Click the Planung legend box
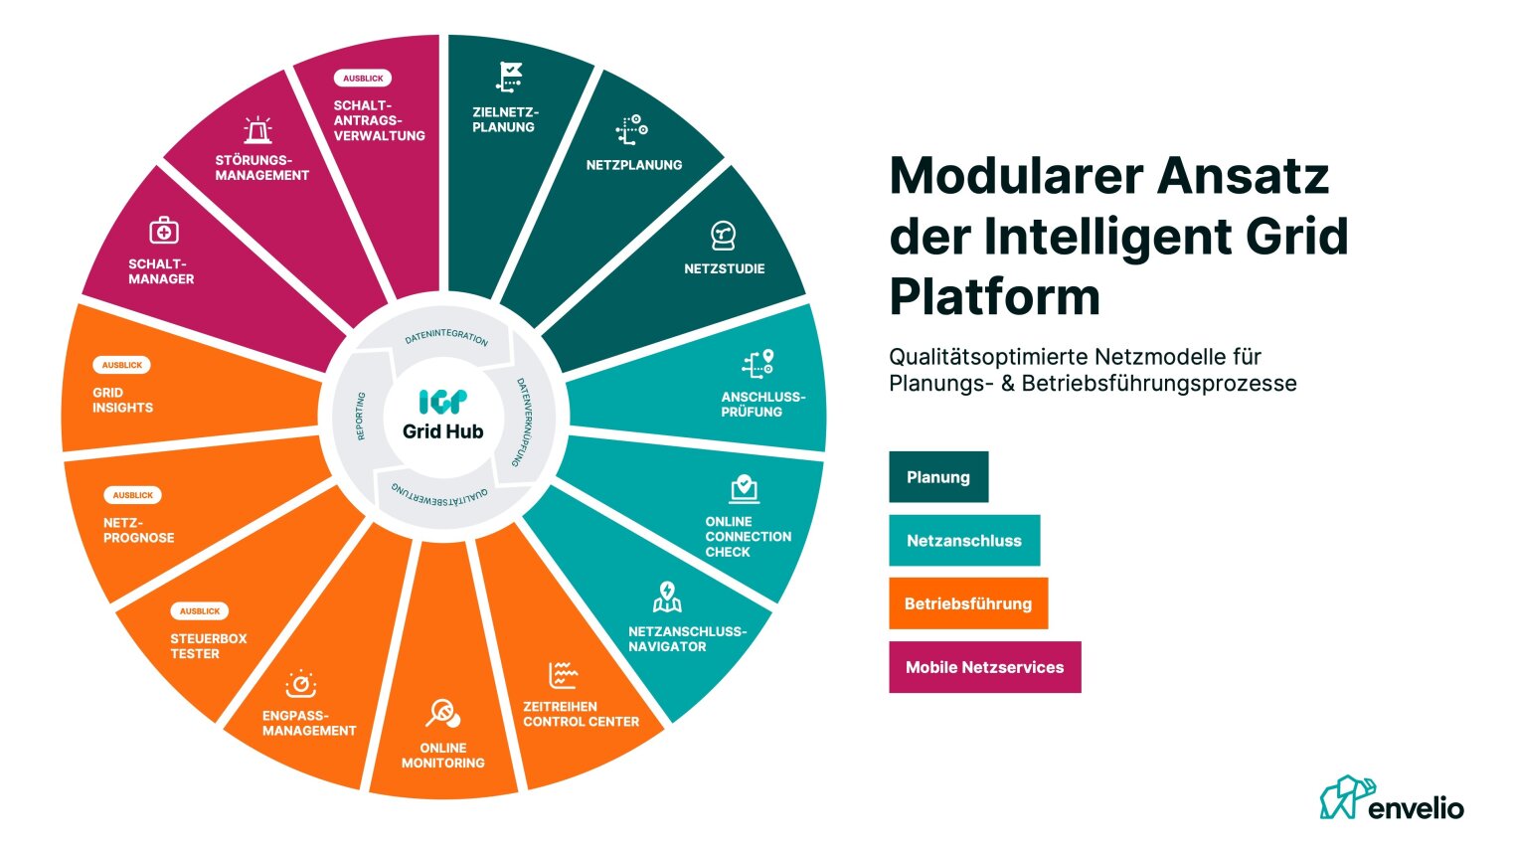pyautogui.click(x=937, y=477)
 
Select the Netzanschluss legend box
pyautogui.click(x=963, y=541)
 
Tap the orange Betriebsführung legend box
pyautogui.click(x=967, y=603)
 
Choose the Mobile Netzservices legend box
pyautogui.click(x=984, y=667)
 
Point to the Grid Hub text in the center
pyautogui.click(x=442, y=431)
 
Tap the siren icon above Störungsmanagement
pyautogui.click(x=258, y=130)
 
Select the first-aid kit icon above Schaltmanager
pyautogui.click(x=164, y=231)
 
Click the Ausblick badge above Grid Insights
pyautogui.click(x=121, y=365)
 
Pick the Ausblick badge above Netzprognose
pyautogui.click(x=132, y=495)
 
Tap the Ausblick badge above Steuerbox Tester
pyautogui.click(x=200, y=611)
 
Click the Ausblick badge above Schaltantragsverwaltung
pyautogui.click(x=363, y=79)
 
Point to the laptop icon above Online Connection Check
pyautogui.click(x=744, y=489)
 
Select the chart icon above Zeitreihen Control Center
pyautogui.click(x=563, y=676)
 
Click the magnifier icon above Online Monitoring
pyautogui.click(x=442, y=713)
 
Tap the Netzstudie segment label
pyautogui.click(x=724, y=268)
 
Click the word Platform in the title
pyautogui.click(x=994, y=296)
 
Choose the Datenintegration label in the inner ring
pyautogui.click(x=446, y=338)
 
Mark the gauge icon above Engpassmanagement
pyautogui.click(x=300, y=684)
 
